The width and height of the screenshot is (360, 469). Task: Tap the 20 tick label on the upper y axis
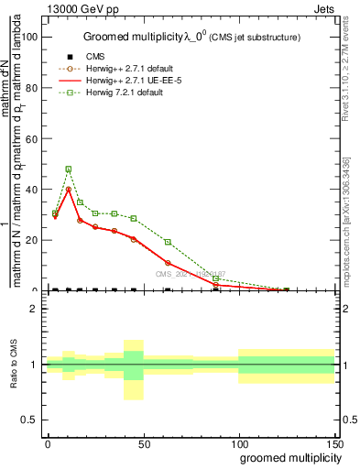pyautogui.click(x=32, y=240)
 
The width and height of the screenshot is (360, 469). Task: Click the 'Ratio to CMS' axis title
pyautogui.click(x=14, y=365)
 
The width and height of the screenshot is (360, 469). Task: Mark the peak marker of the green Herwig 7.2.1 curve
pyautogui.click(x=69, y=169)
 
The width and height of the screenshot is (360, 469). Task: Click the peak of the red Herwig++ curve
pyautogui.click(x=69, y=190)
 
